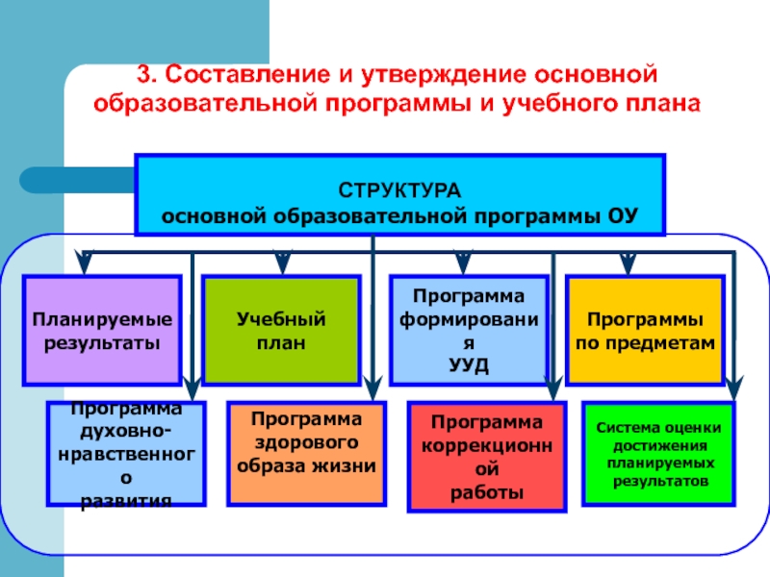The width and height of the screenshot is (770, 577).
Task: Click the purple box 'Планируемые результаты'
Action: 102,331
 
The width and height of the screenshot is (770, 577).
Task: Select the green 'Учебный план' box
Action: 281,331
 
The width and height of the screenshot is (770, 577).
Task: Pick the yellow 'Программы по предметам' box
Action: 645,331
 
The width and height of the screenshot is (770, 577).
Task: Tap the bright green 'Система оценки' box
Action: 658,452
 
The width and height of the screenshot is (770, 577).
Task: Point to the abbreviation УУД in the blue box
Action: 469,366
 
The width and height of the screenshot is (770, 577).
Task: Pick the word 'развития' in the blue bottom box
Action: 126,500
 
